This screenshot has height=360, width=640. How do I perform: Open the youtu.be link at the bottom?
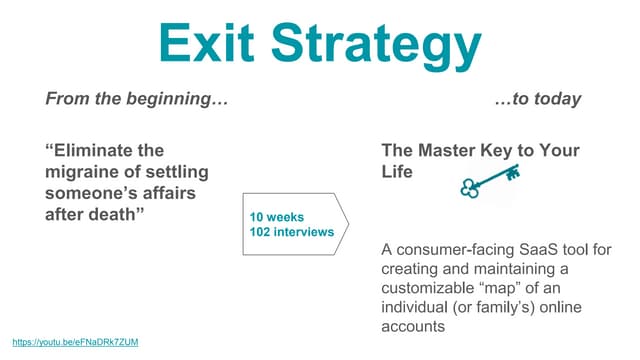click(76, 342)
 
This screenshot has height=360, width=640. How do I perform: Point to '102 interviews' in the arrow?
click(290, 232)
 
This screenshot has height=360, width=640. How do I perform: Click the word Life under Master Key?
click(397, 171)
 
